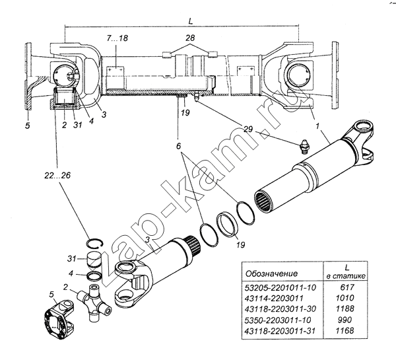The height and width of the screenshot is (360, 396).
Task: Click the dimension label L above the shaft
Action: pyautogui.click(x=191, y=21)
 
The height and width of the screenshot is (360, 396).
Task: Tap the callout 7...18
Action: pyautogui.click(x=117, y=38)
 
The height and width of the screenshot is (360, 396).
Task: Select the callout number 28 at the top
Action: pyautogui.click(x=190, y=38)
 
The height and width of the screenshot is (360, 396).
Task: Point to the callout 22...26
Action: pyautogui.click(x=57, y=175)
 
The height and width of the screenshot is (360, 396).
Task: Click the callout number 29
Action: pyautogui.click(x=247, y=129)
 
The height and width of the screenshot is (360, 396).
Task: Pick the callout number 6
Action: pyautogui.click(x=179, y=146)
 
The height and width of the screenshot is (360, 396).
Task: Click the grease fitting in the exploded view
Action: pyautogui.click(x=304, y=146)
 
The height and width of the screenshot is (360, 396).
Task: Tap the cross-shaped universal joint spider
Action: pyautogui.click(x=94, y=302)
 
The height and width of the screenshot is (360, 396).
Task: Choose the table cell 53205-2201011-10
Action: pyautogui.click(x=280, y=287)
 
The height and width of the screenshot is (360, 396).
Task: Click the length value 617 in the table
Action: pyautogui.click(x=348, y=287)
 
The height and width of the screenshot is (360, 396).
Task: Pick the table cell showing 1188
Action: pyautogui.click(x=345, y=308)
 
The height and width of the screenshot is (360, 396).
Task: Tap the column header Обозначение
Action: pyautogui.click(x=271, y=273)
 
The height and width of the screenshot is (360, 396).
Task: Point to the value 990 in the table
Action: pyautogui.click(x=345, y=320)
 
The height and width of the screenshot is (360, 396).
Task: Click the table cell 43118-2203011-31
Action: pyautogui.click(x=280, y=331)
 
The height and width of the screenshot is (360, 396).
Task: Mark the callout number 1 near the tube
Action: pyautogui.click(x=317, y=126)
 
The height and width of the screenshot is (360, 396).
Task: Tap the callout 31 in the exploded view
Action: pyautogui.click(x=71, y=259)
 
